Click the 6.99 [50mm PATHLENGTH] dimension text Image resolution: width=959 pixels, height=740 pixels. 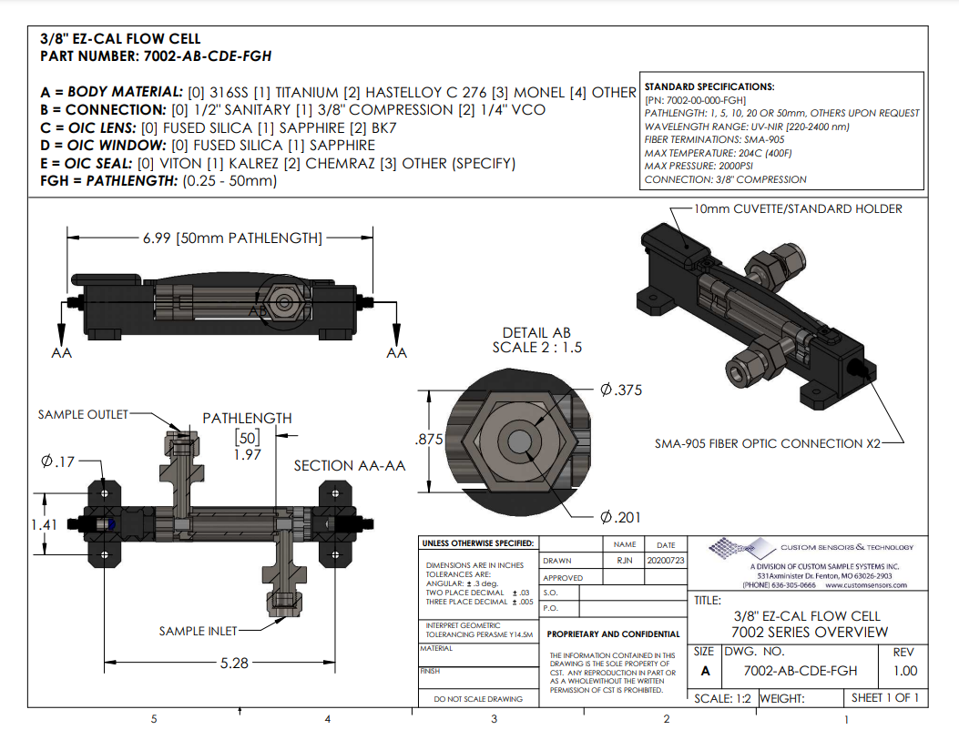[231, 238]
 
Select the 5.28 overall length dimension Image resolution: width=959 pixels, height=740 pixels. [234, 663]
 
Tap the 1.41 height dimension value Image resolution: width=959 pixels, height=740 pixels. [43, 524]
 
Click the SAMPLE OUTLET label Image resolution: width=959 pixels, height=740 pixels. [84, 414]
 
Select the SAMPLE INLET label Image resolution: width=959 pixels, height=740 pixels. [198, 631]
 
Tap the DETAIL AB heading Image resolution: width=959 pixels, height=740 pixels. [536, 333]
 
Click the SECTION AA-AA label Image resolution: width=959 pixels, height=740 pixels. [349, 466]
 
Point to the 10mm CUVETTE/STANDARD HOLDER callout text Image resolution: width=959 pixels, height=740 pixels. [798, 208]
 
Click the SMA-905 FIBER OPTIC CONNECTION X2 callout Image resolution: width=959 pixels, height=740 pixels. [768, 443]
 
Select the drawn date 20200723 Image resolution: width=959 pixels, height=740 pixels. [666, 561]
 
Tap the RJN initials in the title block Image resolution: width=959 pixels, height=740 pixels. [624, 561]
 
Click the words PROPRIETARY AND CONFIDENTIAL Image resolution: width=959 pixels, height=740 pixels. [613, 634]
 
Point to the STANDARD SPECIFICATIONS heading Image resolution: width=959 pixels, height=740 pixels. [709, 86]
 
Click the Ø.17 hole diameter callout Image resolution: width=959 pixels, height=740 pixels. [57, 461]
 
